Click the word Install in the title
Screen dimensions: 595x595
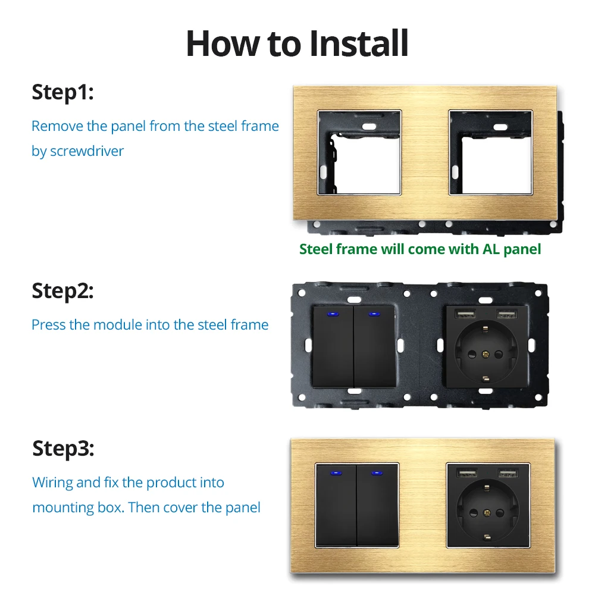pos(359,43)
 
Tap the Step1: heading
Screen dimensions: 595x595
pos(62,93)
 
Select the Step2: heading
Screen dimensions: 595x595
pos(62,291)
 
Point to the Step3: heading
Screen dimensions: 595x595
pos(63,449)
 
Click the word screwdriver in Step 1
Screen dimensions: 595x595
pos(87,151)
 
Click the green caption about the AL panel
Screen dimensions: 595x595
pos(420,249)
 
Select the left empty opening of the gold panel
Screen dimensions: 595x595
pos(359,152)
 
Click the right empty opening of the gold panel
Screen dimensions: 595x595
pos(491,152)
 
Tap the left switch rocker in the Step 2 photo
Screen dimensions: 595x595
pos(334,346)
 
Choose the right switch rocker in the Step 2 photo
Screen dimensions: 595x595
pos(374,346)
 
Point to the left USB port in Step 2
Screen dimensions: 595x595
pos(466,314)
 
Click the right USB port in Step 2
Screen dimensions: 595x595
pos(507,314)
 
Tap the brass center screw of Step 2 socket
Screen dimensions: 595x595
pos(486,355)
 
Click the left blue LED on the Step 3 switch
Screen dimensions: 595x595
pos(336,473)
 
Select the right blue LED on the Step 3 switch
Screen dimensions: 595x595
pos(377,473)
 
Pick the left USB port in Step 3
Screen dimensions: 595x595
pos(466,473)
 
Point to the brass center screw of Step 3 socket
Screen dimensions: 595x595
pos(487,513)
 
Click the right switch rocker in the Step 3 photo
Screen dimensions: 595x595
pos(378,505)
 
